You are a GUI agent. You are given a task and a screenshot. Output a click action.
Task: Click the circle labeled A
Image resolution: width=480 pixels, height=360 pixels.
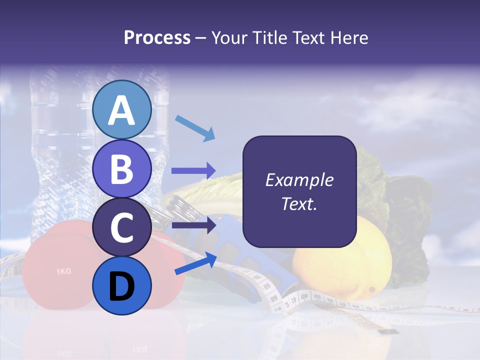point(121,109)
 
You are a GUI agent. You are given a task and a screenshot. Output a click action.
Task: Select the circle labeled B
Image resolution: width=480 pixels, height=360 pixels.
point(121,168)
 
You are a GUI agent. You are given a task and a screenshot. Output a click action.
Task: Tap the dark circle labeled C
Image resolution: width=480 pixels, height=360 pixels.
point(121,227)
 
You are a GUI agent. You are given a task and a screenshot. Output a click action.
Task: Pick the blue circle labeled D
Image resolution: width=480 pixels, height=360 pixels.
point(121,286)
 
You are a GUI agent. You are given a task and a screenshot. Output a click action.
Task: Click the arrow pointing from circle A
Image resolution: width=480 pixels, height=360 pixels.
point(195,128)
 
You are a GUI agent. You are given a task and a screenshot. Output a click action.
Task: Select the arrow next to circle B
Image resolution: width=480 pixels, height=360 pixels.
point(193,171)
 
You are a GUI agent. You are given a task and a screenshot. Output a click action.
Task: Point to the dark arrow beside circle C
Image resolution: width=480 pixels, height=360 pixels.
point(193,225)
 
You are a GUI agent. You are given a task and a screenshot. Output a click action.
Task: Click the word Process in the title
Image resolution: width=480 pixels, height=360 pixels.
point(157,37)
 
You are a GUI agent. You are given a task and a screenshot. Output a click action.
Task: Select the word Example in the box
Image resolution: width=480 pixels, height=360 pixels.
point(299,180)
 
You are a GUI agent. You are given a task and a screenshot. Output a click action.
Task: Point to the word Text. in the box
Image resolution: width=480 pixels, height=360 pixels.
point(299,203)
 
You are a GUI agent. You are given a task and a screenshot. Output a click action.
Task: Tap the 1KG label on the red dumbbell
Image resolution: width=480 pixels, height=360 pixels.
point(63,271)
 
